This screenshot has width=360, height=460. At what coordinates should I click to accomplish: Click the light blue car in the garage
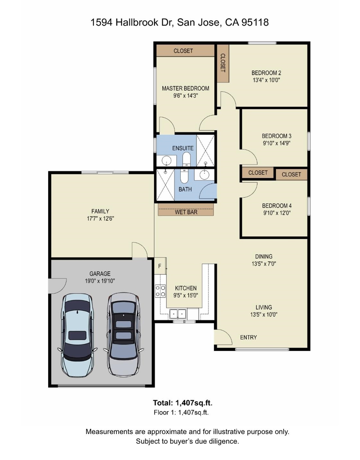(x=77, y=335)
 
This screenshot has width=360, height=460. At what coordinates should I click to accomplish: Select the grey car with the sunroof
(x=124, y=334)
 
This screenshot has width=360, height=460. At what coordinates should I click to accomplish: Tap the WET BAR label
(x=186, y=212)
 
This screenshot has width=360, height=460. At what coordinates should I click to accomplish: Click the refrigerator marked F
(x=160, y=266)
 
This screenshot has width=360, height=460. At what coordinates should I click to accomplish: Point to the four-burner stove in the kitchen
(x=160, y=291)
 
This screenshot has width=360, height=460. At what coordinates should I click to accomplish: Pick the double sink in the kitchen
(x=178, y=314)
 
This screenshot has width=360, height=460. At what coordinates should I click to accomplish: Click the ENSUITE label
(x=183, y=148)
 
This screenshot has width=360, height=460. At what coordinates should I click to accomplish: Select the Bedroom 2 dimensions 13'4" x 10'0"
(x=267, y=80)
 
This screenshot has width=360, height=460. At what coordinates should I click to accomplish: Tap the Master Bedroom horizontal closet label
(x=183, y=51)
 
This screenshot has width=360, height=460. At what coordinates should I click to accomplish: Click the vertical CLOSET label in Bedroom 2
(x=222, y=63)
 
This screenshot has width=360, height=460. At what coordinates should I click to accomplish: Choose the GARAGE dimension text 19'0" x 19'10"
(x=100, y=281)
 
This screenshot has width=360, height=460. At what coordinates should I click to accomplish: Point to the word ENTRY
(x=249, y=337)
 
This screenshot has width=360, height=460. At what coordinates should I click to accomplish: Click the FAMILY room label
(x=100, y=211)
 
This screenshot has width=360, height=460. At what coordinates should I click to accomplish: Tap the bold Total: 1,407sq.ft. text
(x=183, y=402)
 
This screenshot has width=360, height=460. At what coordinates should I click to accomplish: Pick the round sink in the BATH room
(x=204, y=175)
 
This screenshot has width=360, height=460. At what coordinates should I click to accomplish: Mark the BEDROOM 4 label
(x=277, y=206)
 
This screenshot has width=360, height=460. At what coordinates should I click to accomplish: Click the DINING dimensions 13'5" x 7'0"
(x=264, y=264)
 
